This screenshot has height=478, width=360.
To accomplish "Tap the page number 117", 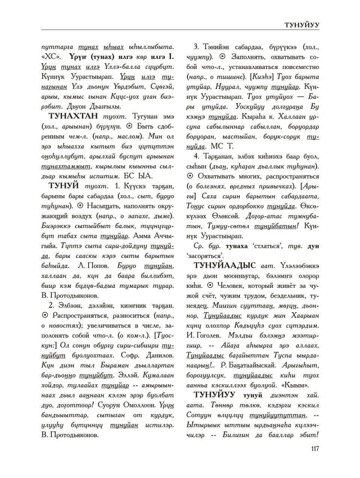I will [315, 449].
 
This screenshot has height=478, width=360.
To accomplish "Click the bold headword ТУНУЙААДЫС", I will [224, 266].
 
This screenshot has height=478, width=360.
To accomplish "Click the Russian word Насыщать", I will [104, 206].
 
